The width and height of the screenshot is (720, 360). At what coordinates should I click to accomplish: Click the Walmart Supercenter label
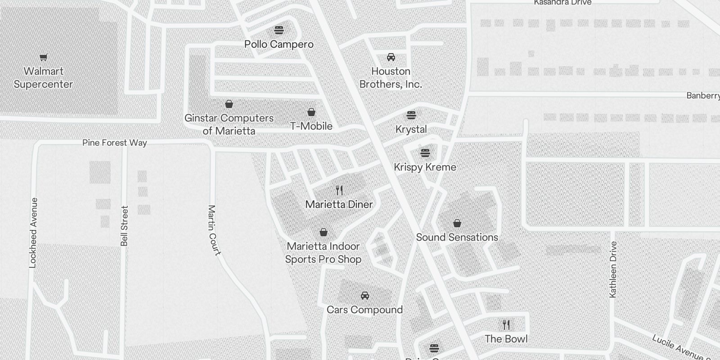point(43,78)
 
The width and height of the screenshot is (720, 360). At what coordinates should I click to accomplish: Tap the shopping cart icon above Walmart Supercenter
point(43,57)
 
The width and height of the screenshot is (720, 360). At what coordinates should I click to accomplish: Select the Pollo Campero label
point(279,44)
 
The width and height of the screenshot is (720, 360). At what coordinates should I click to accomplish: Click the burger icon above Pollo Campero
point(279,30)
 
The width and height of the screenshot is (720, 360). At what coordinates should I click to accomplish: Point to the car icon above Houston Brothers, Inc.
point(391,57)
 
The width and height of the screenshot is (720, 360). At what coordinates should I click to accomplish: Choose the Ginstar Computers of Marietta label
point(229,125)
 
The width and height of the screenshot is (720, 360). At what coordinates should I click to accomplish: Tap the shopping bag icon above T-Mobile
point(311,112)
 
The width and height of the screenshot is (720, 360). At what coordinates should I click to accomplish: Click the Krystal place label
point(411,129)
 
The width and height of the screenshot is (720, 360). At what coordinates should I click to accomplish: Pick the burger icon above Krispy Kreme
point(425,153)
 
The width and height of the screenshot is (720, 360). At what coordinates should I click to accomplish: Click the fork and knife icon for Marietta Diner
point(339,190)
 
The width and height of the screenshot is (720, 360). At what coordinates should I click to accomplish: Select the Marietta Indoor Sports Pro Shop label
point(323,253)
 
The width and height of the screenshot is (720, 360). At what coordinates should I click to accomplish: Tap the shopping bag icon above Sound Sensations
point(457,223)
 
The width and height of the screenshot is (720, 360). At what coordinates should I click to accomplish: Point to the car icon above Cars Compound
point(365,296)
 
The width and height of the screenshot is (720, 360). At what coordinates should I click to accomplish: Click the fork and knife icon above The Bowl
point(506,324)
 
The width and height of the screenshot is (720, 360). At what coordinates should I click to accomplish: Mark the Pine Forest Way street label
point(115,143)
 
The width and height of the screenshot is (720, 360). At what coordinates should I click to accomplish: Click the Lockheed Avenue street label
point(32,233)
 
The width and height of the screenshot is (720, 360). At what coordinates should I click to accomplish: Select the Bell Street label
point(125,226)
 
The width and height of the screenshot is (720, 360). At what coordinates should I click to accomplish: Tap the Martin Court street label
point(214,230)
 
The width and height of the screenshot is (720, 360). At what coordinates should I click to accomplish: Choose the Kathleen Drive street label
point(613,269)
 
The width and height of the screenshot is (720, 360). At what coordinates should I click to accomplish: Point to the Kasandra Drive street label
point(562,3)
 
